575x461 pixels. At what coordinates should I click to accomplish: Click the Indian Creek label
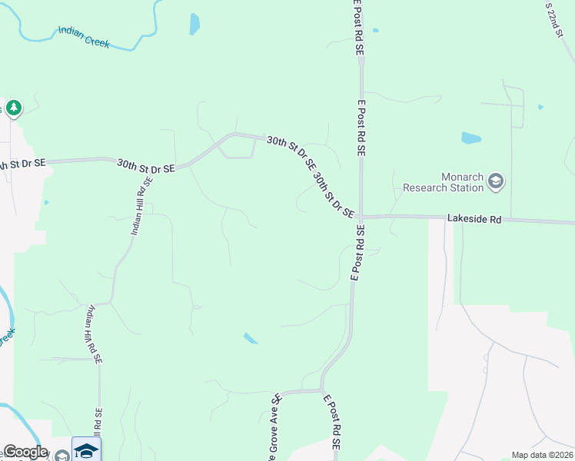click(x=84, y=35)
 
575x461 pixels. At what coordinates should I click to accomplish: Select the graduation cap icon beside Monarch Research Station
click(x=495, y=181)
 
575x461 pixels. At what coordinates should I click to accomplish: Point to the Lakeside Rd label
click(x=474, y=220)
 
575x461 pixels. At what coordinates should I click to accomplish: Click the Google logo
click(x=25, y=452)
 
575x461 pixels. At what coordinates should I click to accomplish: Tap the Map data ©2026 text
click(x=541, y=455)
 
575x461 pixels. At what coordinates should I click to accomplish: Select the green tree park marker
click(x=13, y=108)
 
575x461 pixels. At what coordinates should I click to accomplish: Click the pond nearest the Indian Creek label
click(x=194, y=25)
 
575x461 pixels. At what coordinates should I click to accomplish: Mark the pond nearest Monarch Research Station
click(x=470, y=139)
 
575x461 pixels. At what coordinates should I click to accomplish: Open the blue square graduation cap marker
click(x=86, y=449)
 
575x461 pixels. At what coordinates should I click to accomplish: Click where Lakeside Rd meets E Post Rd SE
click(x=361, y=217)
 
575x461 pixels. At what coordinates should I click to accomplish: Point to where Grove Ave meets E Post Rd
click(x=321, y=390)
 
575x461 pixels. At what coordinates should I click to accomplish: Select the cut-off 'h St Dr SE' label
click(x=23, y=164)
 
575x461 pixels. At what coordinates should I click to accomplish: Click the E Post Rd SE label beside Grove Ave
click(x=331, y=422)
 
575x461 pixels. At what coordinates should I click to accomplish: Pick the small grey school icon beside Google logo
click(x=61, y=456)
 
